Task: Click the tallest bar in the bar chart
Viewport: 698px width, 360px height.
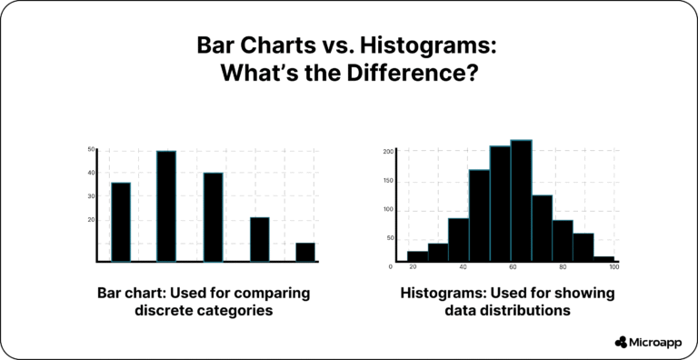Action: [166, 206]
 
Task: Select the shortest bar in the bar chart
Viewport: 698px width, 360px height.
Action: [305, 252]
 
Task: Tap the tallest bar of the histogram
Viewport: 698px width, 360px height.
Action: [521, 201]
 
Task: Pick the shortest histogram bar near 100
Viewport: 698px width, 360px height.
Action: [604, 259]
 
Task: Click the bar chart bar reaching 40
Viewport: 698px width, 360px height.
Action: [213, 217]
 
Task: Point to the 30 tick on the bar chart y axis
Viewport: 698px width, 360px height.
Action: [91, 195]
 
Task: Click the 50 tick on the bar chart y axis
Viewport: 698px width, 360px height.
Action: [91, 149]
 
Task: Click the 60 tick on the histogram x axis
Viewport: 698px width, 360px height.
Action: [513, 267]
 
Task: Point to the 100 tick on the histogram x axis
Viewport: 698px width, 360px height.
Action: [614, 267]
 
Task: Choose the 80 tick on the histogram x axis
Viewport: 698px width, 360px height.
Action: [563, 267]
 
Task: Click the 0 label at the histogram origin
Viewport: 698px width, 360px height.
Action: [391, 266]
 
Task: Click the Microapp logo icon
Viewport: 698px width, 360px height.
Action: [621, 342]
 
